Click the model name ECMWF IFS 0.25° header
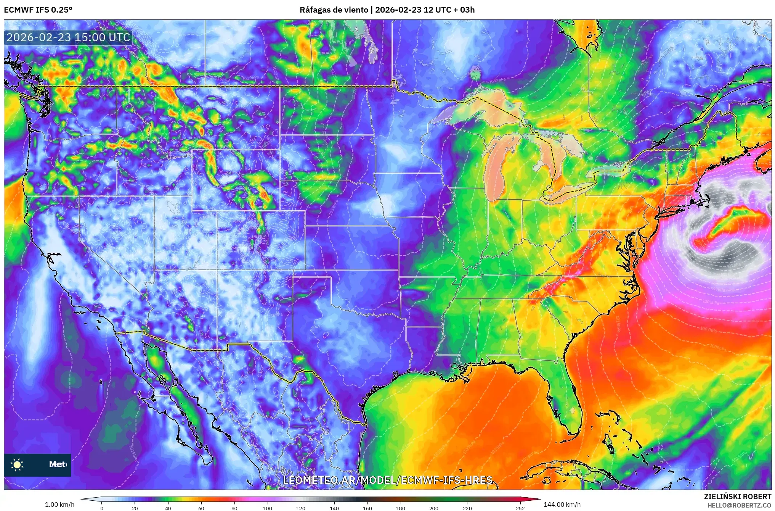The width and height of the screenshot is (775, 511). coord(38,10)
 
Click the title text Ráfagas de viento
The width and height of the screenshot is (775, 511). coord(334,10)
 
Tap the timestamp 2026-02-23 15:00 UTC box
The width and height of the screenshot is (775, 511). coord(68,37)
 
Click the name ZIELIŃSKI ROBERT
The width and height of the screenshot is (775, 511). coord(737,496)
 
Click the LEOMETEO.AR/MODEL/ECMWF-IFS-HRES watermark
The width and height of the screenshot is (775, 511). coord(387,480)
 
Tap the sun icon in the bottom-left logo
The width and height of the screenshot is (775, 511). coord(17,464)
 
